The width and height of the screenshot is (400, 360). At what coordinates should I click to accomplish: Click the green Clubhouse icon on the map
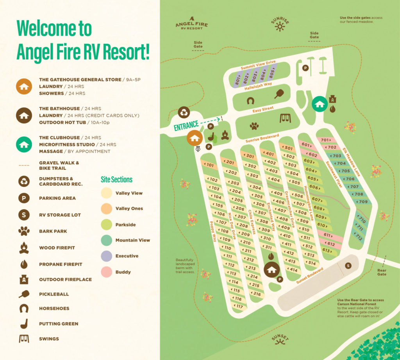(320, 104)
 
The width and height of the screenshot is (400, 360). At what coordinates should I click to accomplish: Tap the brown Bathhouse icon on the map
(272, 269)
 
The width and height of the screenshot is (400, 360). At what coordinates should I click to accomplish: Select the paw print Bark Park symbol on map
(254, 126)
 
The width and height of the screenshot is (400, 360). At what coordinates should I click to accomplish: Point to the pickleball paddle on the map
(280, 94)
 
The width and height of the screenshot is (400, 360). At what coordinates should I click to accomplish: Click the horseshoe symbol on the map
(250, 101)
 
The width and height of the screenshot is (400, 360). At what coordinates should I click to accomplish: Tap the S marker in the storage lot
(348, 266)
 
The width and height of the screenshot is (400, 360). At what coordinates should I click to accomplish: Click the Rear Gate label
(382, 272)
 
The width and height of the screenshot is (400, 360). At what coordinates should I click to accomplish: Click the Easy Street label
(262, 109)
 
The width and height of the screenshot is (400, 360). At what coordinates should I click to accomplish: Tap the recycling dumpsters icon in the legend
(24, 181)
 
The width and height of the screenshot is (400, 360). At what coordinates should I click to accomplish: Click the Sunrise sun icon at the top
(279, 26)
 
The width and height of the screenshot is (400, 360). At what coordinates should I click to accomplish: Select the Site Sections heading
(116, 180)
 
